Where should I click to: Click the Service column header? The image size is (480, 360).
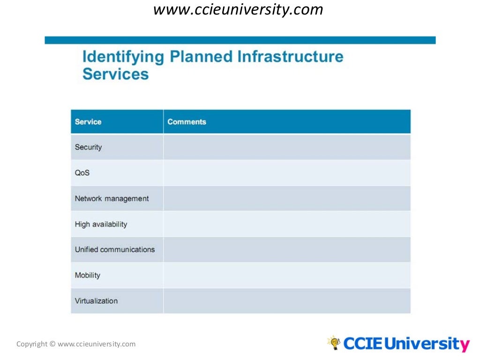(x=88, y=122)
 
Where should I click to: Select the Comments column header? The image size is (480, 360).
(x=187, y=122)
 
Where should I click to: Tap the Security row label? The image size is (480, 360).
(x=88, y=147)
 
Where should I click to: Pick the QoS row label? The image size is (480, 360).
(x=82, y=173)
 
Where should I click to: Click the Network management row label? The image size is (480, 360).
(x=112, y=199)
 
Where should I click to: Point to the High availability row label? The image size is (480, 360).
(x=101, y=225)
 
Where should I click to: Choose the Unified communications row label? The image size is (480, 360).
(x=114, y=250)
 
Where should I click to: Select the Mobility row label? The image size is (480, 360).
(x=87, y=276)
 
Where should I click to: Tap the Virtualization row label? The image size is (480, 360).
(x=96, y=301)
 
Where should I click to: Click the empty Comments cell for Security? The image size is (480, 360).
(x=287, y=147)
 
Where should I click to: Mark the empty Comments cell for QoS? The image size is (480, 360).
(x=287, y=173)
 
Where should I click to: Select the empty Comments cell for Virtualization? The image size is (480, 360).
(x=287, y=301)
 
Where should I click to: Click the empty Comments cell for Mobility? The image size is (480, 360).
(x=287, y=276)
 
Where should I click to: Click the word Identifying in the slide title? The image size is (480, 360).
(x=123, y=57)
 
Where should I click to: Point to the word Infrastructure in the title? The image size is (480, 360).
(x=290, y=57)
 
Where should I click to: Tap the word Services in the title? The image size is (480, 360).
(x=115, y=74)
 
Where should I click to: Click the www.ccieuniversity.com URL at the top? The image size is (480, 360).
(x=238, y=9)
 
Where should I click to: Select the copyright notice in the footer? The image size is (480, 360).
(x=76, y=344)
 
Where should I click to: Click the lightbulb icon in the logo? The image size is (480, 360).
(x=334, y=343)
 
